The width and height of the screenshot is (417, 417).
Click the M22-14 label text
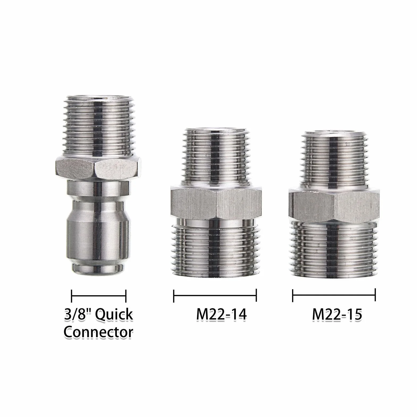coord(221,314)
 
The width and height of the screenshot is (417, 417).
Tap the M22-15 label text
coord(337,314)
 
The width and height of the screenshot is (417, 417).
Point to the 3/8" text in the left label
coord(77,315)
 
